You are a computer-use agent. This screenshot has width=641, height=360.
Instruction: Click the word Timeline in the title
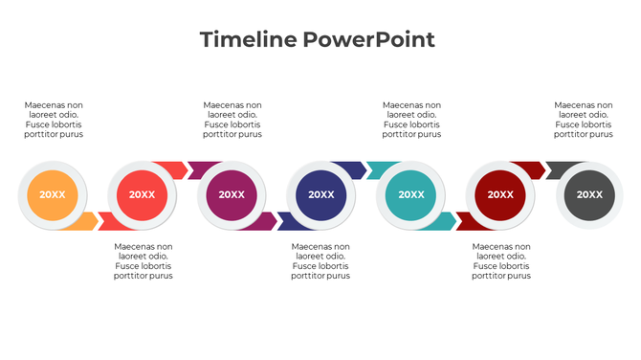click(248, 40)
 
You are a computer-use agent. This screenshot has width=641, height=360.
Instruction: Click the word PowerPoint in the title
click(369, 40)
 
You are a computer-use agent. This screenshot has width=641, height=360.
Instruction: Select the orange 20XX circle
click(53, 194)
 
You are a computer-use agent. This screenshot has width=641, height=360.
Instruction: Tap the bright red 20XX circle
click(142, 194)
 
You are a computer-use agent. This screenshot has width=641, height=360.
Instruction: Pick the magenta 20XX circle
click(232, 194)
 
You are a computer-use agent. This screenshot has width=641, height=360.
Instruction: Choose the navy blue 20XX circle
click(321, 194)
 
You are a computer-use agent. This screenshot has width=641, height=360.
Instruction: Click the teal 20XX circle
click(411, 194)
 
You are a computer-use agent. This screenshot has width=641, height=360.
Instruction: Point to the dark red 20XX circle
click(500, 194)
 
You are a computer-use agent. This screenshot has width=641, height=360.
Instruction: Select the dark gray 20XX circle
click(590, 194)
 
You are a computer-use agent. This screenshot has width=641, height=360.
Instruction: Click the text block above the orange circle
click(54, 120)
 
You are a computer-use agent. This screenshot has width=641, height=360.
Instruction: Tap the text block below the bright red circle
click(144, 261)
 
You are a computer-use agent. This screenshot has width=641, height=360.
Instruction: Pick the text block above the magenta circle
click(232, 120)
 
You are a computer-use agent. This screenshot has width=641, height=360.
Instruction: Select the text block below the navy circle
click(320, 261)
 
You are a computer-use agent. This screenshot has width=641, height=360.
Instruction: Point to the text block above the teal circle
click(411, 120)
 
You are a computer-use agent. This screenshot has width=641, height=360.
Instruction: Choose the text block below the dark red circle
click(502, 261)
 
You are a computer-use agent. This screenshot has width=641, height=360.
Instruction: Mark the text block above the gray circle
click(584, 120)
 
